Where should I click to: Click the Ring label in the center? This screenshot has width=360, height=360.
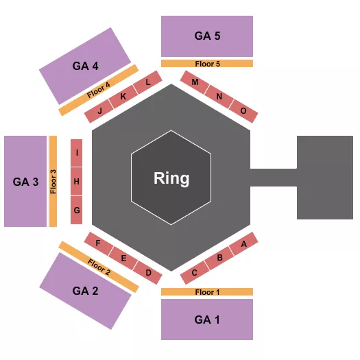point(171,178)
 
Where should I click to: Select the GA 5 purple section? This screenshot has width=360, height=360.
point(206,36)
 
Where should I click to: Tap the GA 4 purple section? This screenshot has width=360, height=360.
point(86,66)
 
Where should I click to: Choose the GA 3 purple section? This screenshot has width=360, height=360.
point(25,182)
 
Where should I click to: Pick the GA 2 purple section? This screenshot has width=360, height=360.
point(85,290)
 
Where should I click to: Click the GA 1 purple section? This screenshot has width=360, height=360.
point(206,320)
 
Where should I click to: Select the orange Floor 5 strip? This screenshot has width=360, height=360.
point(206,64)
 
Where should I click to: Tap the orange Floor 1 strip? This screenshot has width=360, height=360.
point(206,292)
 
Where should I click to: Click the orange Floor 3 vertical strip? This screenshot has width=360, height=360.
point(53,182)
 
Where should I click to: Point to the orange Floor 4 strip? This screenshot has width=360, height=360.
point(99,91)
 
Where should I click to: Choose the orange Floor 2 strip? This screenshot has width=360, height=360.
point(98,267)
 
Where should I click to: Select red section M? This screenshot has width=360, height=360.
point(195,82)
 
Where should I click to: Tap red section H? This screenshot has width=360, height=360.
point(77,182)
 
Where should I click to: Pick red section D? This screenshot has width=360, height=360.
point(148,272)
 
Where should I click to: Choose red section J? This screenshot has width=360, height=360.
point(100,110)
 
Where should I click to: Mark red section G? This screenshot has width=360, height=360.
point(77,210)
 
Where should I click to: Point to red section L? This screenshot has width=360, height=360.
point(147,82)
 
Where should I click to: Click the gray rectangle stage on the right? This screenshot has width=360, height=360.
point(324,177)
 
